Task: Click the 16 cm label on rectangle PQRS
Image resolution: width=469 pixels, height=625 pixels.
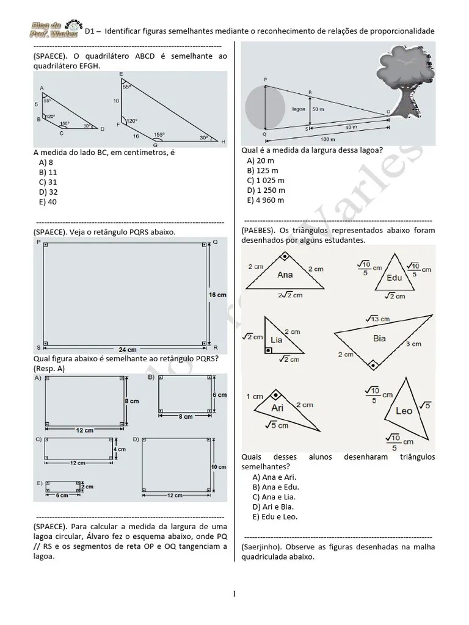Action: coord(217,295)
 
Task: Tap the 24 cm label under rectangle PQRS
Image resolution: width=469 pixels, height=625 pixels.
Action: coord(128,350)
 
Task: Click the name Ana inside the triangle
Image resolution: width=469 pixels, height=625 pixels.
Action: coord(285,275)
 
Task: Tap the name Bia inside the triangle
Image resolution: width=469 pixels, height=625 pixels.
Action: coord(380,338)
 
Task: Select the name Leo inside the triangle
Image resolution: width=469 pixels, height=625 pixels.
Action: coord(404,411)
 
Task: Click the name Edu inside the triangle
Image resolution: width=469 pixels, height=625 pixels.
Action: coord(395,278)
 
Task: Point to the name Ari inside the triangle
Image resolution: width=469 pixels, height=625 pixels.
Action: coord(277,407)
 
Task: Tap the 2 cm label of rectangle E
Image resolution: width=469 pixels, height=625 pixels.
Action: coord(90,486)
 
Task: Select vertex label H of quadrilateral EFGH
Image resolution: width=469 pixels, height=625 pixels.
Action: coord(224,142)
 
